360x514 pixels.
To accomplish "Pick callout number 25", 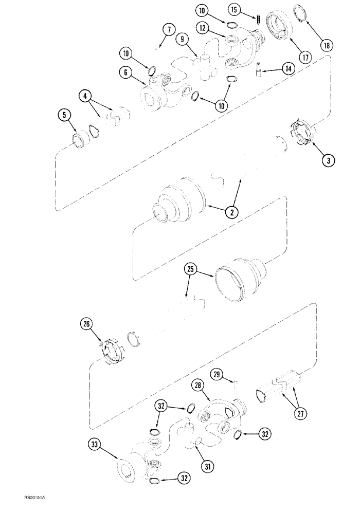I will (190, 269).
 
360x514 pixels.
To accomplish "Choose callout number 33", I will (95, 445).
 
